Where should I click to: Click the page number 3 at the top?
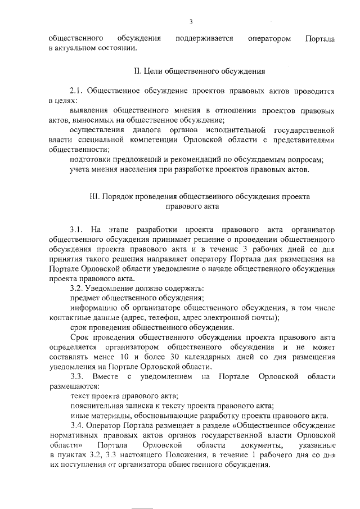pyautogui.click(x=191, y=22)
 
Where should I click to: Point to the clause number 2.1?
pyautogui.click(x=77, y=91)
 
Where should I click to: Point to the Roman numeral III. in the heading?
pyautogui.click(x=94, y=197)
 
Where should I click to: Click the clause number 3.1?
pyautogui.click(x=77, y=230)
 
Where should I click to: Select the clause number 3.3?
pyautogui.click(x=77, y=376)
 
